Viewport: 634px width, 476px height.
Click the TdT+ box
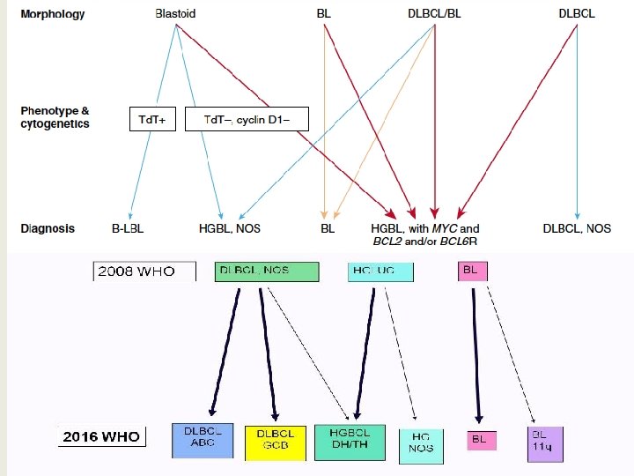click(x=152, y=119)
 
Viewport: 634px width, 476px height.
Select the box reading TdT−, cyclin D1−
click(x=247, y=119)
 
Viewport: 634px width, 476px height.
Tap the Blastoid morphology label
click(x=175, y=14)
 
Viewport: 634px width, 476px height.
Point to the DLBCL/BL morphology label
click(x=435, y=14)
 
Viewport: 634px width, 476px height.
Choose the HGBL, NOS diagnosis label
click(x=229, y=229)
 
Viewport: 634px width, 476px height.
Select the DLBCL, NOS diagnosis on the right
click(x=578, y=229)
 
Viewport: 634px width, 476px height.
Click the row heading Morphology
click(x=53, y=14)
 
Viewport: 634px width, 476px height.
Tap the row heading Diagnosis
click(x=48, y=229)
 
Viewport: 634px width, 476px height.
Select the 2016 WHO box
click(x=101, y=436)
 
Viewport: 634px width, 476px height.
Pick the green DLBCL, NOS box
click(x=266, y=271)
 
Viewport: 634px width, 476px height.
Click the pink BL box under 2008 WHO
click(x=471, y=271)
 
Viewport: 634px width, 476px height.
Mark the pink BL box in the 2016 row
click(x=481, y=439)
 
